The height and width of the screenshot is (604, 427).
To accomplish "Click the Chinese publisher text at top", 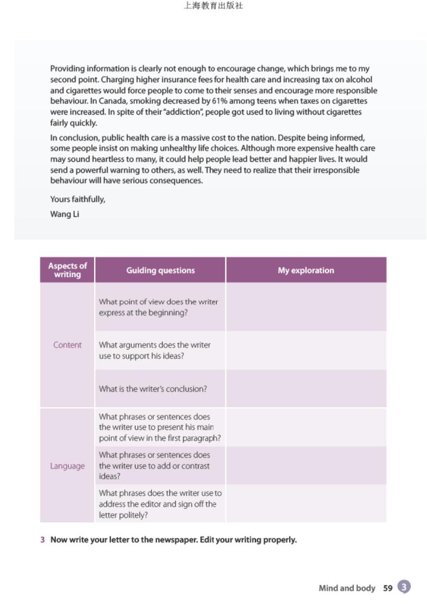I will [213, 6].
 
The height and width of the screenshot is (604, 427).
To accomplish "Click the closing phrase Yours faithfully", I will [78, 200].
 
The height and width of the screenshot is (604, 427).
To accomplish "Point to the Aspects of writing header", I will [67, 270].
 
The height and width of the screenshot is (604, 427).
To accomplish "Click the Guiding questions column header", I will [160, 271].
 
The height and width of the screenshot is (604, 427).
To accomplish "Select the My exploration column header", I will [305, 271].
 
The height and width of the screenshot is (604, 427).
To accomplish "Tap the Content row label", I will [67, 345].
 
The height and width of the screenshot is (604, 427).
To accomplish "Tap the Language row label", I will [67, 466].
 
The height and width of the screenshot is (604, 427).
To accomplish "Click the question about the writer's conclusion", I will [153, 389].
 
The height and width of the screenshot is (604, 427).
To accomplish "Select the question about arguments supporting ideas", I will [155, 350].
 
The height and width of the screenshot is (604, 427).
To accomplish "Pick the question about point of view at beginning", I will [159, 307].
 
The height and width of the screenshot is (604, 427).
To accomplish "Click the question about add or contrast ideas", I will [155, 466].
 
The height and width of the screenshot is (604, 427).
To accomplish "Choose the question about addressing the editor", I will [160, 504].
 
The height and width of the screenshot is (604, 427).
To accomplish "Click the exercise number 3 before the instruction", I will [42, 539].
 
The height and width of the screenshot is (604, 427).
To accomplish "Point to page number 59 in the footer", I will [388, 588].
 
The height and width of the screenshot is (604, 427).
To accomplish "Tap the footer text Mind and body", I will [347, 588].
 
